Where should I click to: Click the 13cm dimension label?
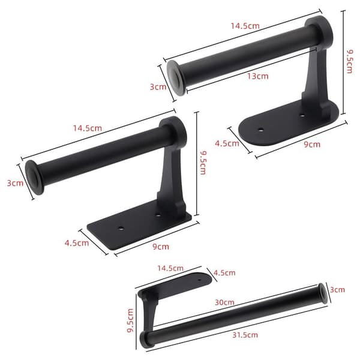258,76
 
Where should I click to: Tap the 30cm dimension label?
224,302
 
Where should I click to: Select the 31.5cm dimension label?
245,335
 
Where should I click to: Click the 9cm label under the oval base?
312,145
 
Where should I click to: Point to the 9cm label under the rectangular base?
161,247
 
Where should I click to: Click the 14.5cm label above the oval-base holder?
245,26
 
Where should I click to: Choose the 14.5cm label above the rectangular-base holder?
88,128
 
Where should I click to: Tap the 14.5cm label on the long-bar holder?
170,268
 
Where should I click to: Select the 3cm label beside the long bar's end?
337,290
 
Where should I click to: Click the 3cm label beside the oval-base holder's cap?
158,87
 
